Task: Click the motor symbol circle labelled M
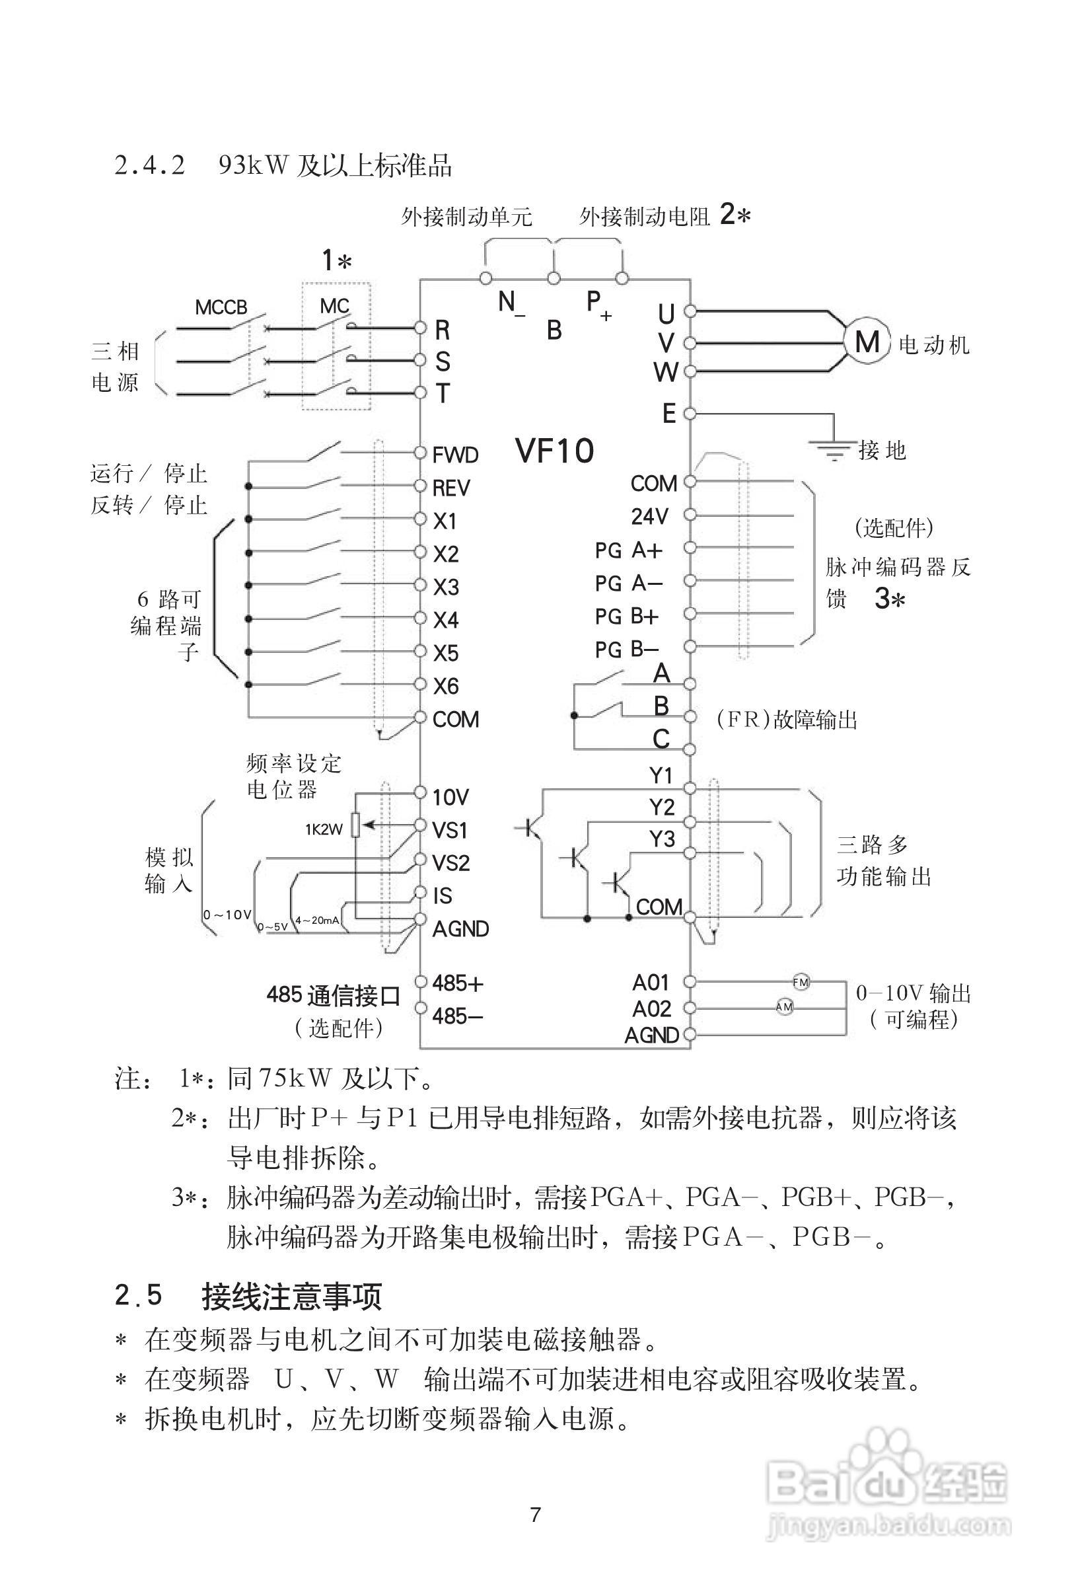click(867, 341)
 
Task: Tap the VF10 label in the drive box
click(554, 451)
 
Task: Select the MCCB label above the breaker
click(221, 307)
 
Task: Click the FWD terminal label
click(455, 455)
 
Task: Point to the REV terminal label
click(451, 488)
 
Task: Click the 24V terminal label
click(649, 517)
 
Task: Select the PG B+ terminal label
click(626, 617)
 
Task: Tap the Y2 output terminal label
click(661, 808)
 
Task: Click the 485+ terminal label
click(458, 983)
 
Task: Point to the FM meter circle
click(801, 982)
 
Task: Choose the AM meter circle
click(784, 1006)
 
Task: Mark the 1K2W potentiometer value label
click(324, 830)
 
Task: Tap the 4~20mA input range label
click(316, 920)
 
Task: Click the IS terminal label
click(442, 895)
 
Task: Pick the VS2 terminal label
click(451, 862)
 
